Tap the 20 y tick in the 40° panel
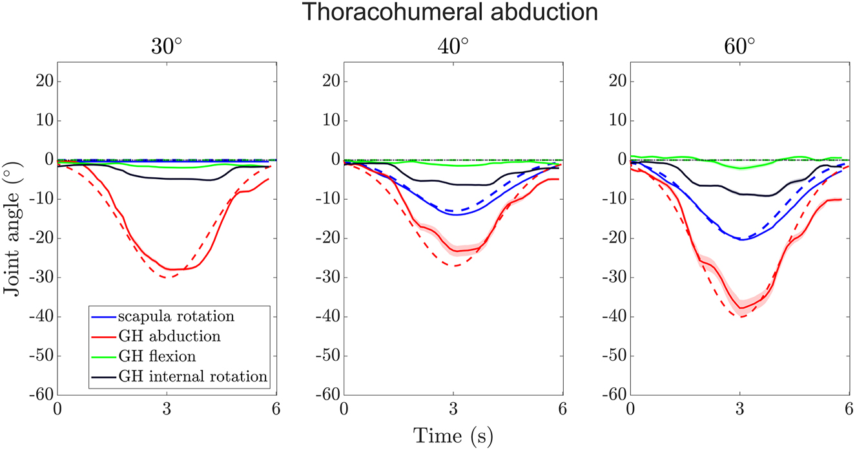click(331, 81)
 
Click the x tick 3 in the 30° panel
click(167, 410)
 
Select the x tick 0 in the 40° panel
click(344, 410)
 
